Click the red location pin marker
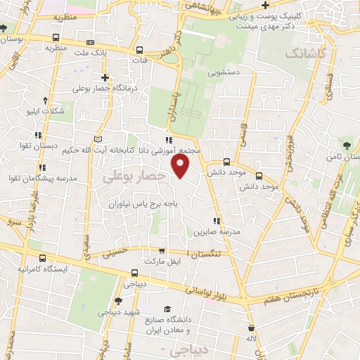[181, 165]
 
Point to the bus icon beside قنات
[140, 51]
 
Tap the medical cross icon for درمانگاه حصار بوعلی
[105, 77]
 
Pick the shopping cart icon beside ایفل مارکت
[162, 250]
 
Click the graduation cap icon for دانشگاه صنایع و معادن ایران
[167, 308]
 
